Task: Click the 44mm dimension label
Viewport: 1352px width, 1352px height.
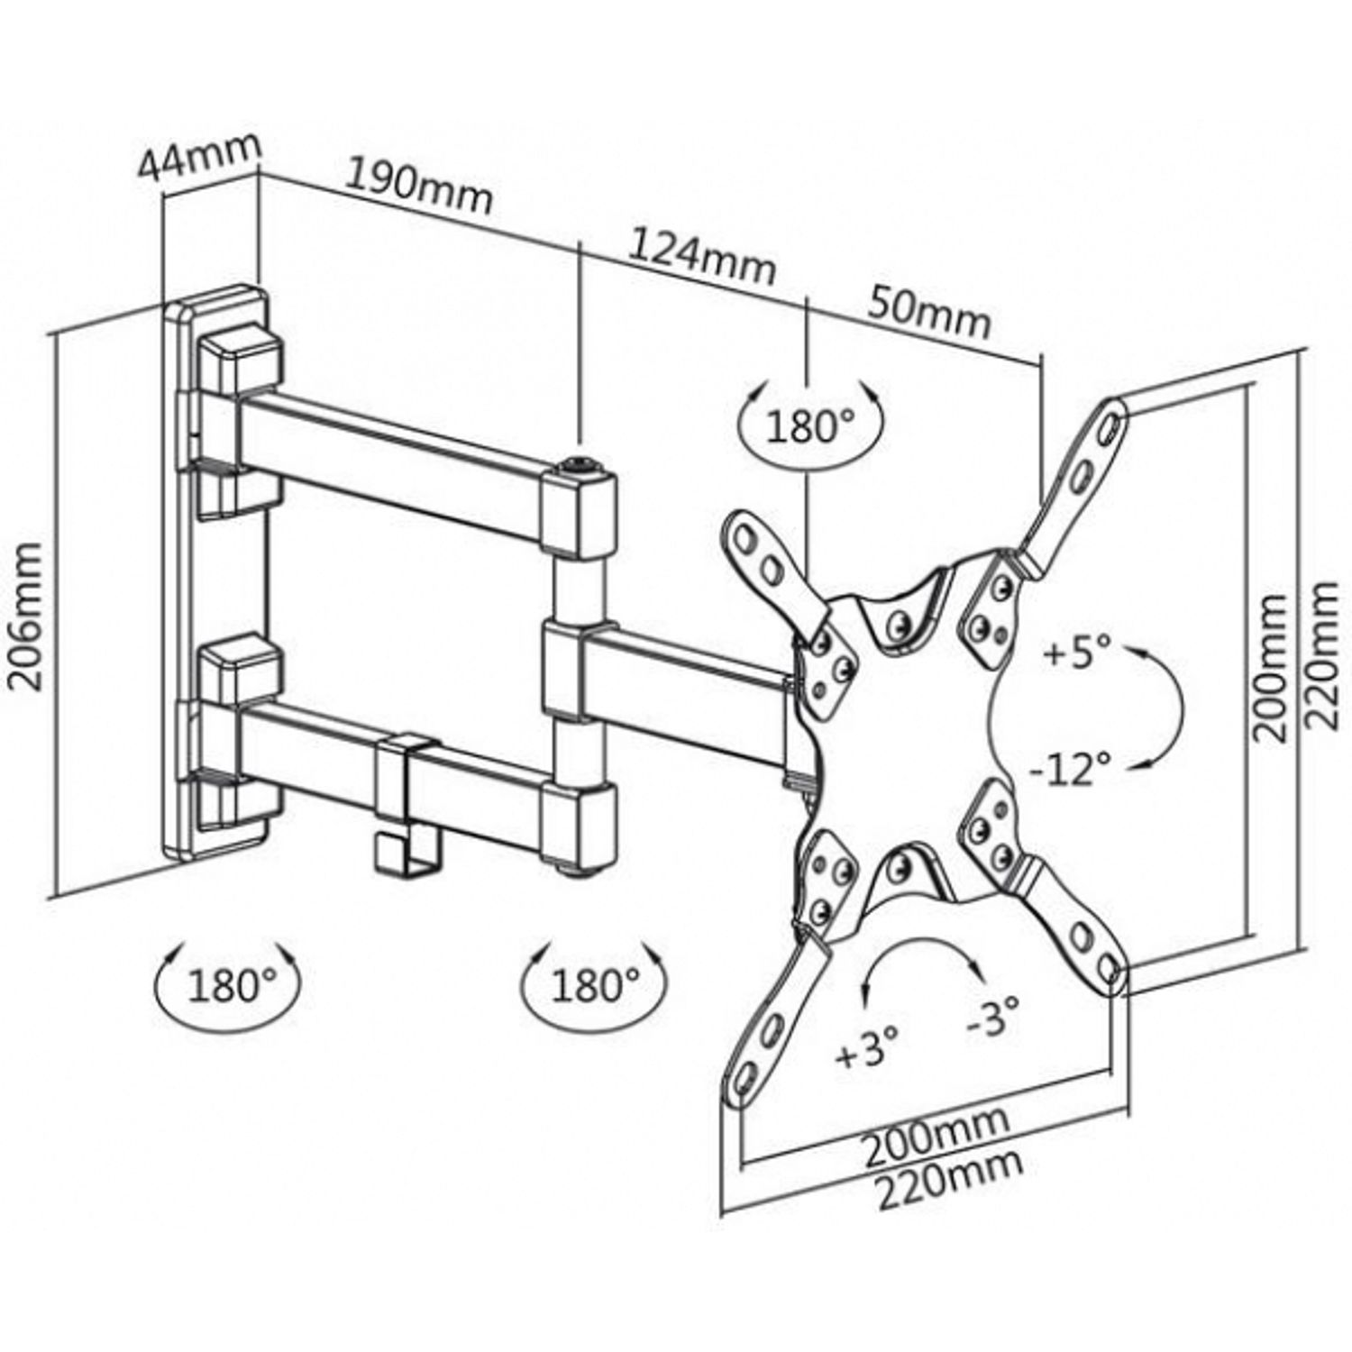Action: click(199, 159)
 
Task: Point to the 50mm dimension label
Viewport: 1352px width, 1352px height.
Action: click(929, 311)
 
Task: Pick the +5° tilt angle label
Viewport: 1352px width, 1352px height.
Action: click(1077, 652)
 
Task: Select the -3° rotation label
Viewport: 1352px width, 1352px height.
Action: click(993, 1018)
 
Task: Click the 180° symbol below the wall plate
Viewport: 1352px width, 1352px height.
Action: click(229, 985)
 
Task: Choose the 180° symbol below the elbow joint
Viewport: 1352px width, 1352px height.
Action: click(594, 985)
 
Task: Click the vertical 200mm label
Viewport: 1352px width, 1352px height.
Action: click(1272, 668)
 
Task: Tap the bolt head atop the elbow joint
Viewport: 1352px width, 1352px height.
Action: click(577, 467)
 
